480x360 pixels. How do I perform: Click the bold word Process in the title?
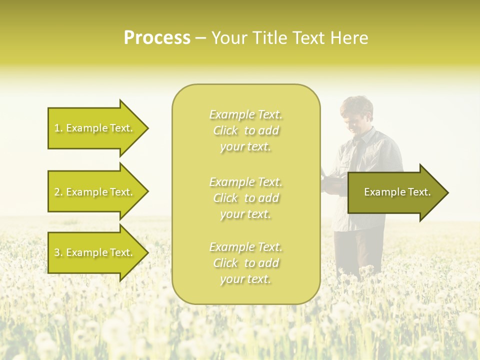pyautogui.click(x=157, y=38)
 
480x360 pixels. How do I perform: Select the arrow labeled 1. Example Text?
pyautogui.click(x=95, y=128)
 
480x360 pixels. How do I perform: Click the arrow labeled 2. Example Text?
pyautogui.click(x=95, y=192)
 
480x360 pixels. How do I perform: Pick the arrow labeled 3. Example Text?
pyautogui.click(x=95, y=252)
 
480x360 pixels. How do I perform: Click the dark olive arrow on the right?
pyautogui.click(x=395, y=192)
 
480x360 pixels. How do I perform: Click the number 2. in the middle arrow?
pyautogui.click(x=58, y=192)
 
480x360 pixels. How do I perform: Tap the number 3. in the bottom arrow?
pyautogui.click(x=58, y=252)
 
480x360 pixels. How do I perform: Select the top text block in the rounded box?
pyautogui.click(x=245, y=130)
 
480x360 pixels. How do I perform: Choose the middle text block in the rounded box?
pyautogui.click(x=245, y=198)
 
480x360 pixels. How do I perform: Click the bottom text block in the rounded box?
pyautogui.click(x=245, y=263)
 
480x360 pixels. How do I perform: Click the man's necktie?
pyautogui.click(x=356, y=150)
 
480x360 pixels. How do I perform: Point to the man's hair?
pyautogui.click(x=357, y=105)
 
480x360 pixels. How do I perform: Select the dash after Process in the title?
pyautogui.click(x=200, y=38)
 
